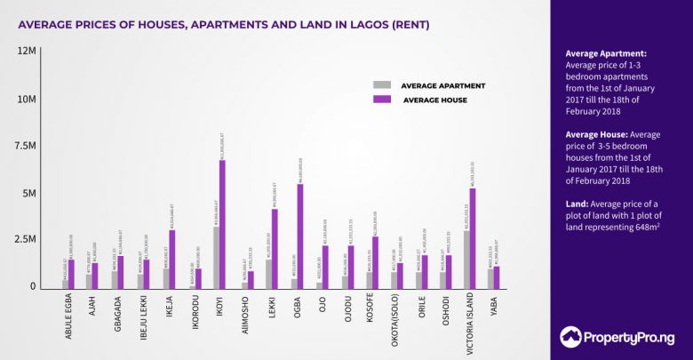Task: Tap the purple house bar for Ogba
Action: (299, 236)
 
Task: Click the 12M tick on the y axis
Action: (25, 52)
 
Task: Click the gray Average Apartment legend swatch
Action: (382, 85)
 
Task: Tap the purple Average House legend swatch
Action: (382, 100)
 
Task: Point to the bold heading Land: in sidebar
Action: (579, 204)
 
